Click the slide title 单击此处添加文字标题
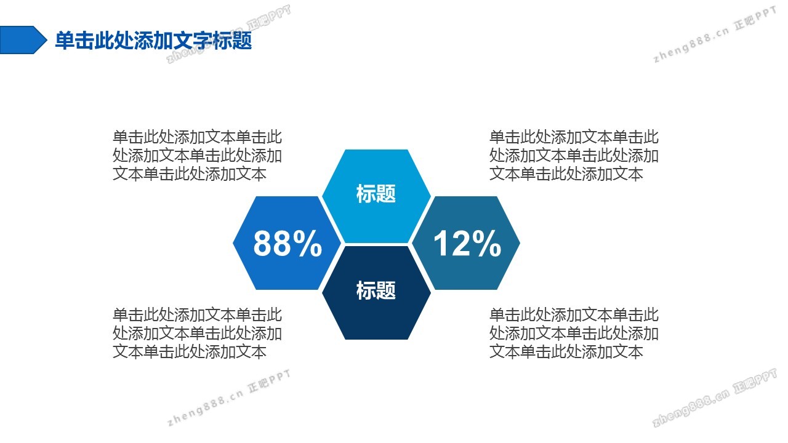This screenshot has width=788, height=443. coord(153,41)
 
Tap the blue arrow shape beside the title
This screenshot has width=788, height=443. coord(23,40)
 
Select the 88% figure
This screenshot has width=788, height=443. coord(287,243)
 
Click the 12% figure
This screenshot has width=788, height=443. coord(467,243)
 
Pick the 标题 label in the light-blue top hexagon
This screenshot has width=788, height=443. coord(376,194)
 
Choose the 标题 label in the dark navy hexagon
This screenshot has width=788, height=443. coord(376,291)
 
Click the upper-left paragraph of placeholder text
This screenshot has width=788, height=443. coord(198,156)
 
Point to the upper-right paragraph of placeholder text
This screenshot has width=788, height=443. coord(574,156)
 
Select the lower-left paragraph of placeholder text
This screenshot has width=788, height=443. coord(198,333)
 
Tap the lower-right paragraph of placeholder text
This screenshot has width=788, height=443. coord(574,333)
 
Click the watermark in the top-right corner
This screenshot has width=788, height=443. coord(715,34)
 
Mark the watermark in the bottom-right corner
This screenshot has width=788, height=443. coord(715,397)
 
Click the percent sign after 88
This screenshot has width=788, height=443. coord(308,243)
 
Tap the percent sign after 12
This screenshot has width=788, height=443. coord(487,243)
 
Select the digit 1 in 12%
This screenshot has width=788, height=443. coord(441,243)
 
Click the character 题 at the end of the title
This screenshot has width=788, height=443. coord(242,41)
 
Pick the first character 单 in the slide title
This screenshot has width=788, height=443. coord(65,41)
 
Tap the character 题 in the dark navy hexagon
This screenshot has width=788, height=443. coord(386,291)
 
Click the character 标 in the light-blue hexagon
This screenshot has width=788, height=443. coord(366,194)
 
